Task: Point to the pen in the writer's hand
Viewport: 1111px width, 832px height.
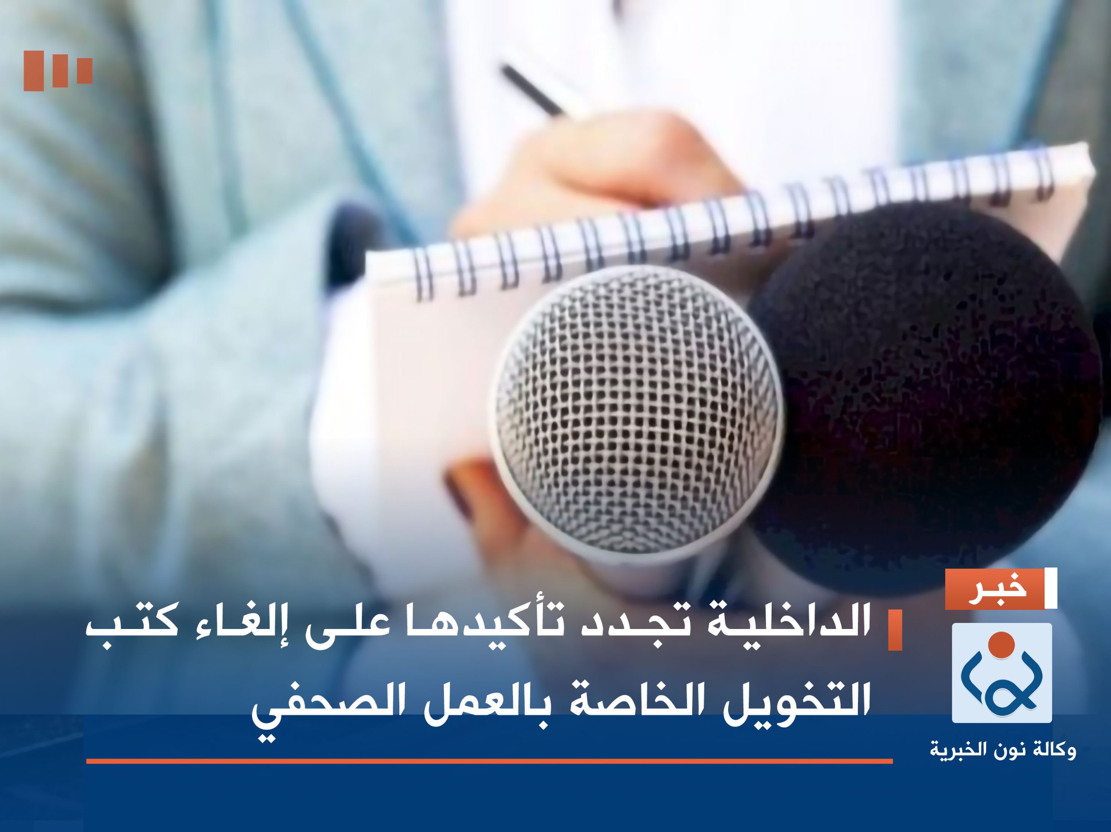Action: (x=532, y=90)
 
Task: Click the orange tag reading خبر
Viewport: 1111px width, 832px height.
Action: (x=995, y=589)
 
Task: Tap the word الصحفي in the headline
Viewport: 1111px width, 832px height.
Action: (x=322, y=703)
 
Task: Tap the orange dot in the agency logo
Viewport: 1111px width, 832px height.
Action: (x=1002, y=645)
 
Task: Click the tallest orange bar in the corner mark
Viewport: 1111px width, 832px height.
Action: (x=34, y=71)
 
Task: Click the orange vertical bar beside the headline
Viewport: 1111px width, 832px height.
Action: (x=895, y=630)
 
